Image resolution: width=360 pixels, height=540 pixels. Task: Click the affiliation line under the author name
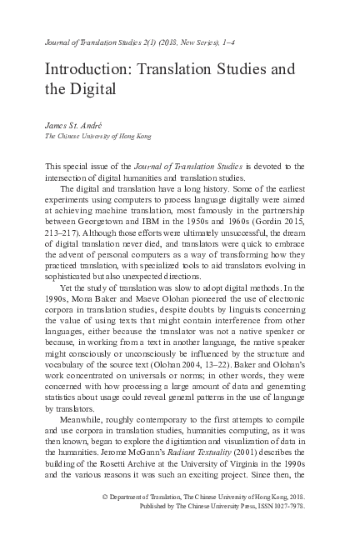coord(98,135)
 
